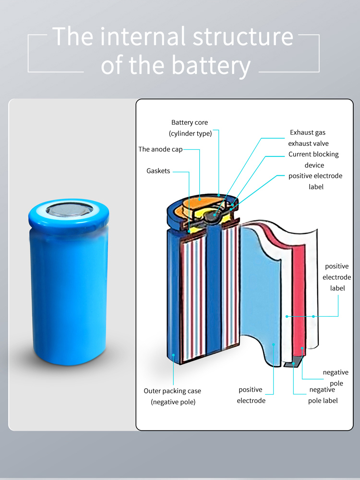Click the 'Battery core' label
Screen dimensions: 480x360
pyautogui.click(x=190, y=122)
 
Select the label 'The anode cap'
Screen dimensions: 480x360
pyautogui.click(x=160, y=149)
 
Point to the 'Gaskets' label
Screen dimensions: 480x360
pyautogui.click(x=158, y=171)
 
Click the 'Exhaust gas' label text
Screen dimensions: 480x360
pyautogui.click(x=307, y=132)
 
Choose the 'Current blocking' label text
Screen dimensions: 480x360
pyautogui.click(x=313, y=155)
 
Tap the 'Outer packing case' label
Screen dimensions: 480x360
pyautogui.click(x=172, y=391)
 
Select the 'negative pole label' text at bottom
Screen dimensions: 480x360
pyautogui.click(x=323, y=395)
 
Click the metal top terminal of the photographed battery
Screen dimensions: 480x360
pyautogui.click(x=70, y=210)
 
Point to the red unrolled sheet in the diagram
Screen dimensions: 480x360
pyautogui.click(x=299, y=298)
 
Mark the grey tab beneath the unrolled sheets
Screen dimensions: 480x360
pyautogui.click(x=289, y=364)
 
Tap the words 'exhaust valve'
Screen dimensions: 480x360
pyautogui.click(x=308, y=144)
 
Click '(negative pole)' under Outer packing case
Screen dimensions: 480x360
pyautogui.click(x=173, y=402)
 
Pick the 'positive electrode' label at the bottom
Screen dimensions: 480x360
pyautogui.click(x=251, y=395)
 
